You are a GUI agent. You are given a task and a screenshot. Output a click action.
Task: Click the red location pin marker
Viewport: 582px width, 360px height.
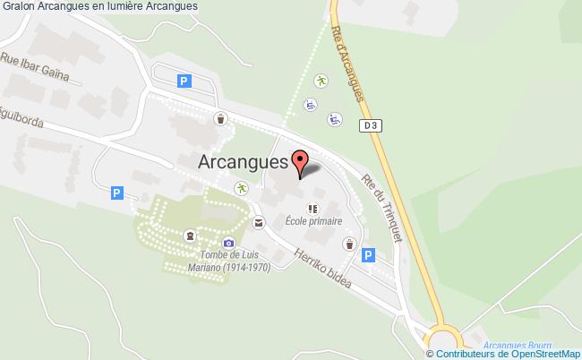[301, 163]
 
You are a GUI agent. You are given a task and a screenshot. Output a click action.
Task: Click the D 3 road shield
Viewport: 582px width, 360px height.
[372, 126]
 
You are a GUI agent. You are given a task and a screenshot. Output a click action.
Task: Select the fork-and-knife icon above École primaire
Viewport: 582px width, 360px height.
[312, 210]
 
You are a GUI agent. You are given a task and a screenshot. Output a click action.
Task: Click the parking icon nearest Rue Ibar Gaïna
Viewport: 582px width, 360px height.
[184, 81]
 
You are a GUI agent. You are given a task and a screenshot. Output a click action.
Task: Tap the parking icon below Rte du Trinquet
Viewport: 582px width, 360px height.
[367, 256]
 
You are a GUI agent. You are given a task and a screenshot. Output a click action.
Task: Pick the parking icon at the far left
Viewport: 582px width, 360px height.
[116, 193]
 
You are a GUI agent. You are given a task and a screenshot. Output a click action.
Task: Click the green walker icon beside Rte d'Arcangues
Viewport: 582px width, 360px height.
[321, 81]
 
